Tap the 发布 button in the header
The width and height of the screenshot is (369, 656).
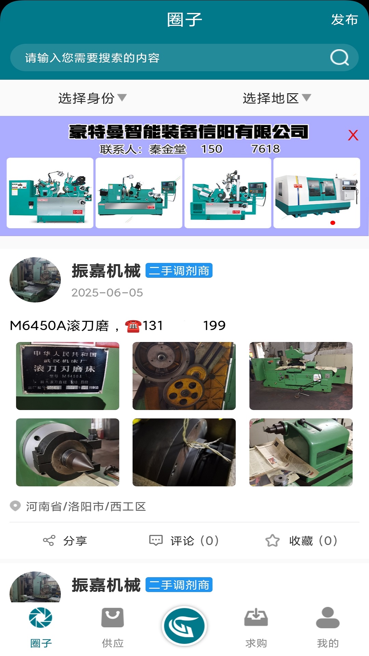[344, 20]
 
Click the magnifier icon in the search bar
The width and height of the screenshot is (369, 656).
[339, 57]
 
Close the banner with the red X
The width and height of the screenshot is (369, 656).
[353, 135]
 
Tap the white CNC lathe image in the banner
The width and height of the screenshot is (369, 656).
[317, 193]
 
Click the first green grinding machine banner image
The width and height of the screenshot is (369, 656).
[50, 193]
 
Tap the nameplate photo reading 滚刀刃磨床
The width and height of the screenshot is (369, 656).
[68, 376]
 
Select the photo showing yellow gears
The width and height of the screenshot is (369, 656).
[184, 376]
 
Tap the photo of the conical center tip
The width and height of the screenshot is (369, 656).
[68, 452]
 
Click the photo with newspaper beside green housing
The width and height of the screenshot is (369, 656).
[301, 452]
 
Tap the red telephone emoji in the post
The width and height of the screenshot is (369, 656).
[133, 326]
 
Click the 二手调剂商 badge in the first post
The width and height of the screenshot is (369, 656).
[179, 271]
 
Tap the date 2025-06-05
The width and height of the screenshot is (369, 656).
[107, 293]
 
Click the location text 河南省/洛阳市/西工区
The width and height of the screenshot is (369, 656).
[86, 506]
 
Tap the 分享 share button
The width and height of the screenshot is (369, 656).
[65, 541]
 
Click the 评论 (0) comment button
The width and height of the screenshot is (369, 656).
[184, 541]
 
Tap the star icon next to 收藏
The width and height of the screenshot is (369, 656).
[272, 541]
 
